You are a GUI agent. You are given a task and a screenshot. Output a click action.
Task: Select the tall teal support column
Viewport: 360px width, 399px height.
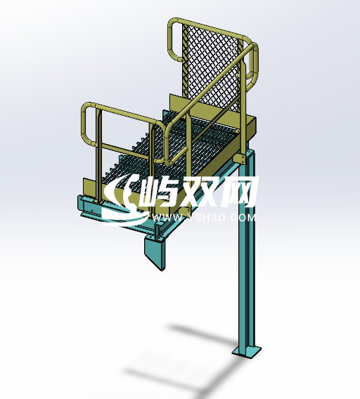(x=247, y=281)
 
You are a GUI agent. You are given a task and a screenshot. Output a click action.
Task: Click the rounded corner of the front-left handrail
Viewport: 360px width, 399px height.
(x=85, y=110)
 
